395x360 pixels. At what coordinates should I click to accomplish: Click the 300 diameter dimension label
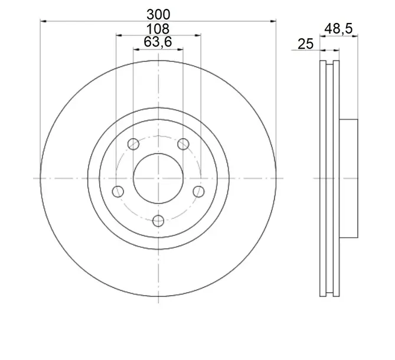coord(158,15)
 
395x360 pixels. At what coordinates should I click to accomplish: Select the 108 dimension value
coord(158,29)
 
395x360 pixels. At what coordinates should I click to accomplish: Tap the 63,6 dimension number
coord(158,42)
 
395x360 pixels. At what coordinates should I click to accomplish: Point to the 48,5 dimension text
coord(338,29)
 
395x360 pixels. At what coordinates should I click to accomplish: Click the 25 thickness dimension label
coord(306,44)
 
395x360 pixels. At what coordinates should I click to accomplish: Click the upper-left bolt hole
coord(133,144)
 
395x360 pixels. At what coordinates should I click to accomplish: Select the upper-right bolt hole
coord(183,144)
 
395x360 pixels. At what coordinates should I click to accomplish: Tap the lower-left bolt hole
coord(118,192)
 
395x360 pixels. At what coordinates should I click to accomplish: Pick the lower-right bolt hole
coord(198,192)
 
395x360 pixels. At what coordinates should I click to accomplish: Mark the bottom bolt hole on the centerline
coord(158,221)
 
